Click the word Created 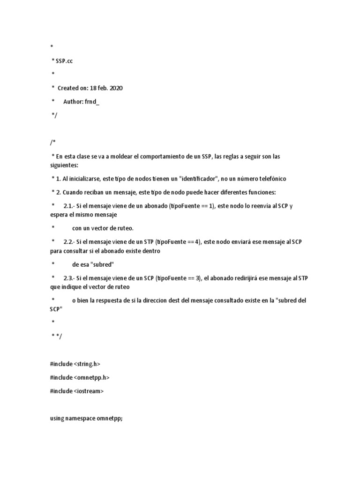(x=68, y=88)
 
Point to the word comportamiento (x=155, y=156)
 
